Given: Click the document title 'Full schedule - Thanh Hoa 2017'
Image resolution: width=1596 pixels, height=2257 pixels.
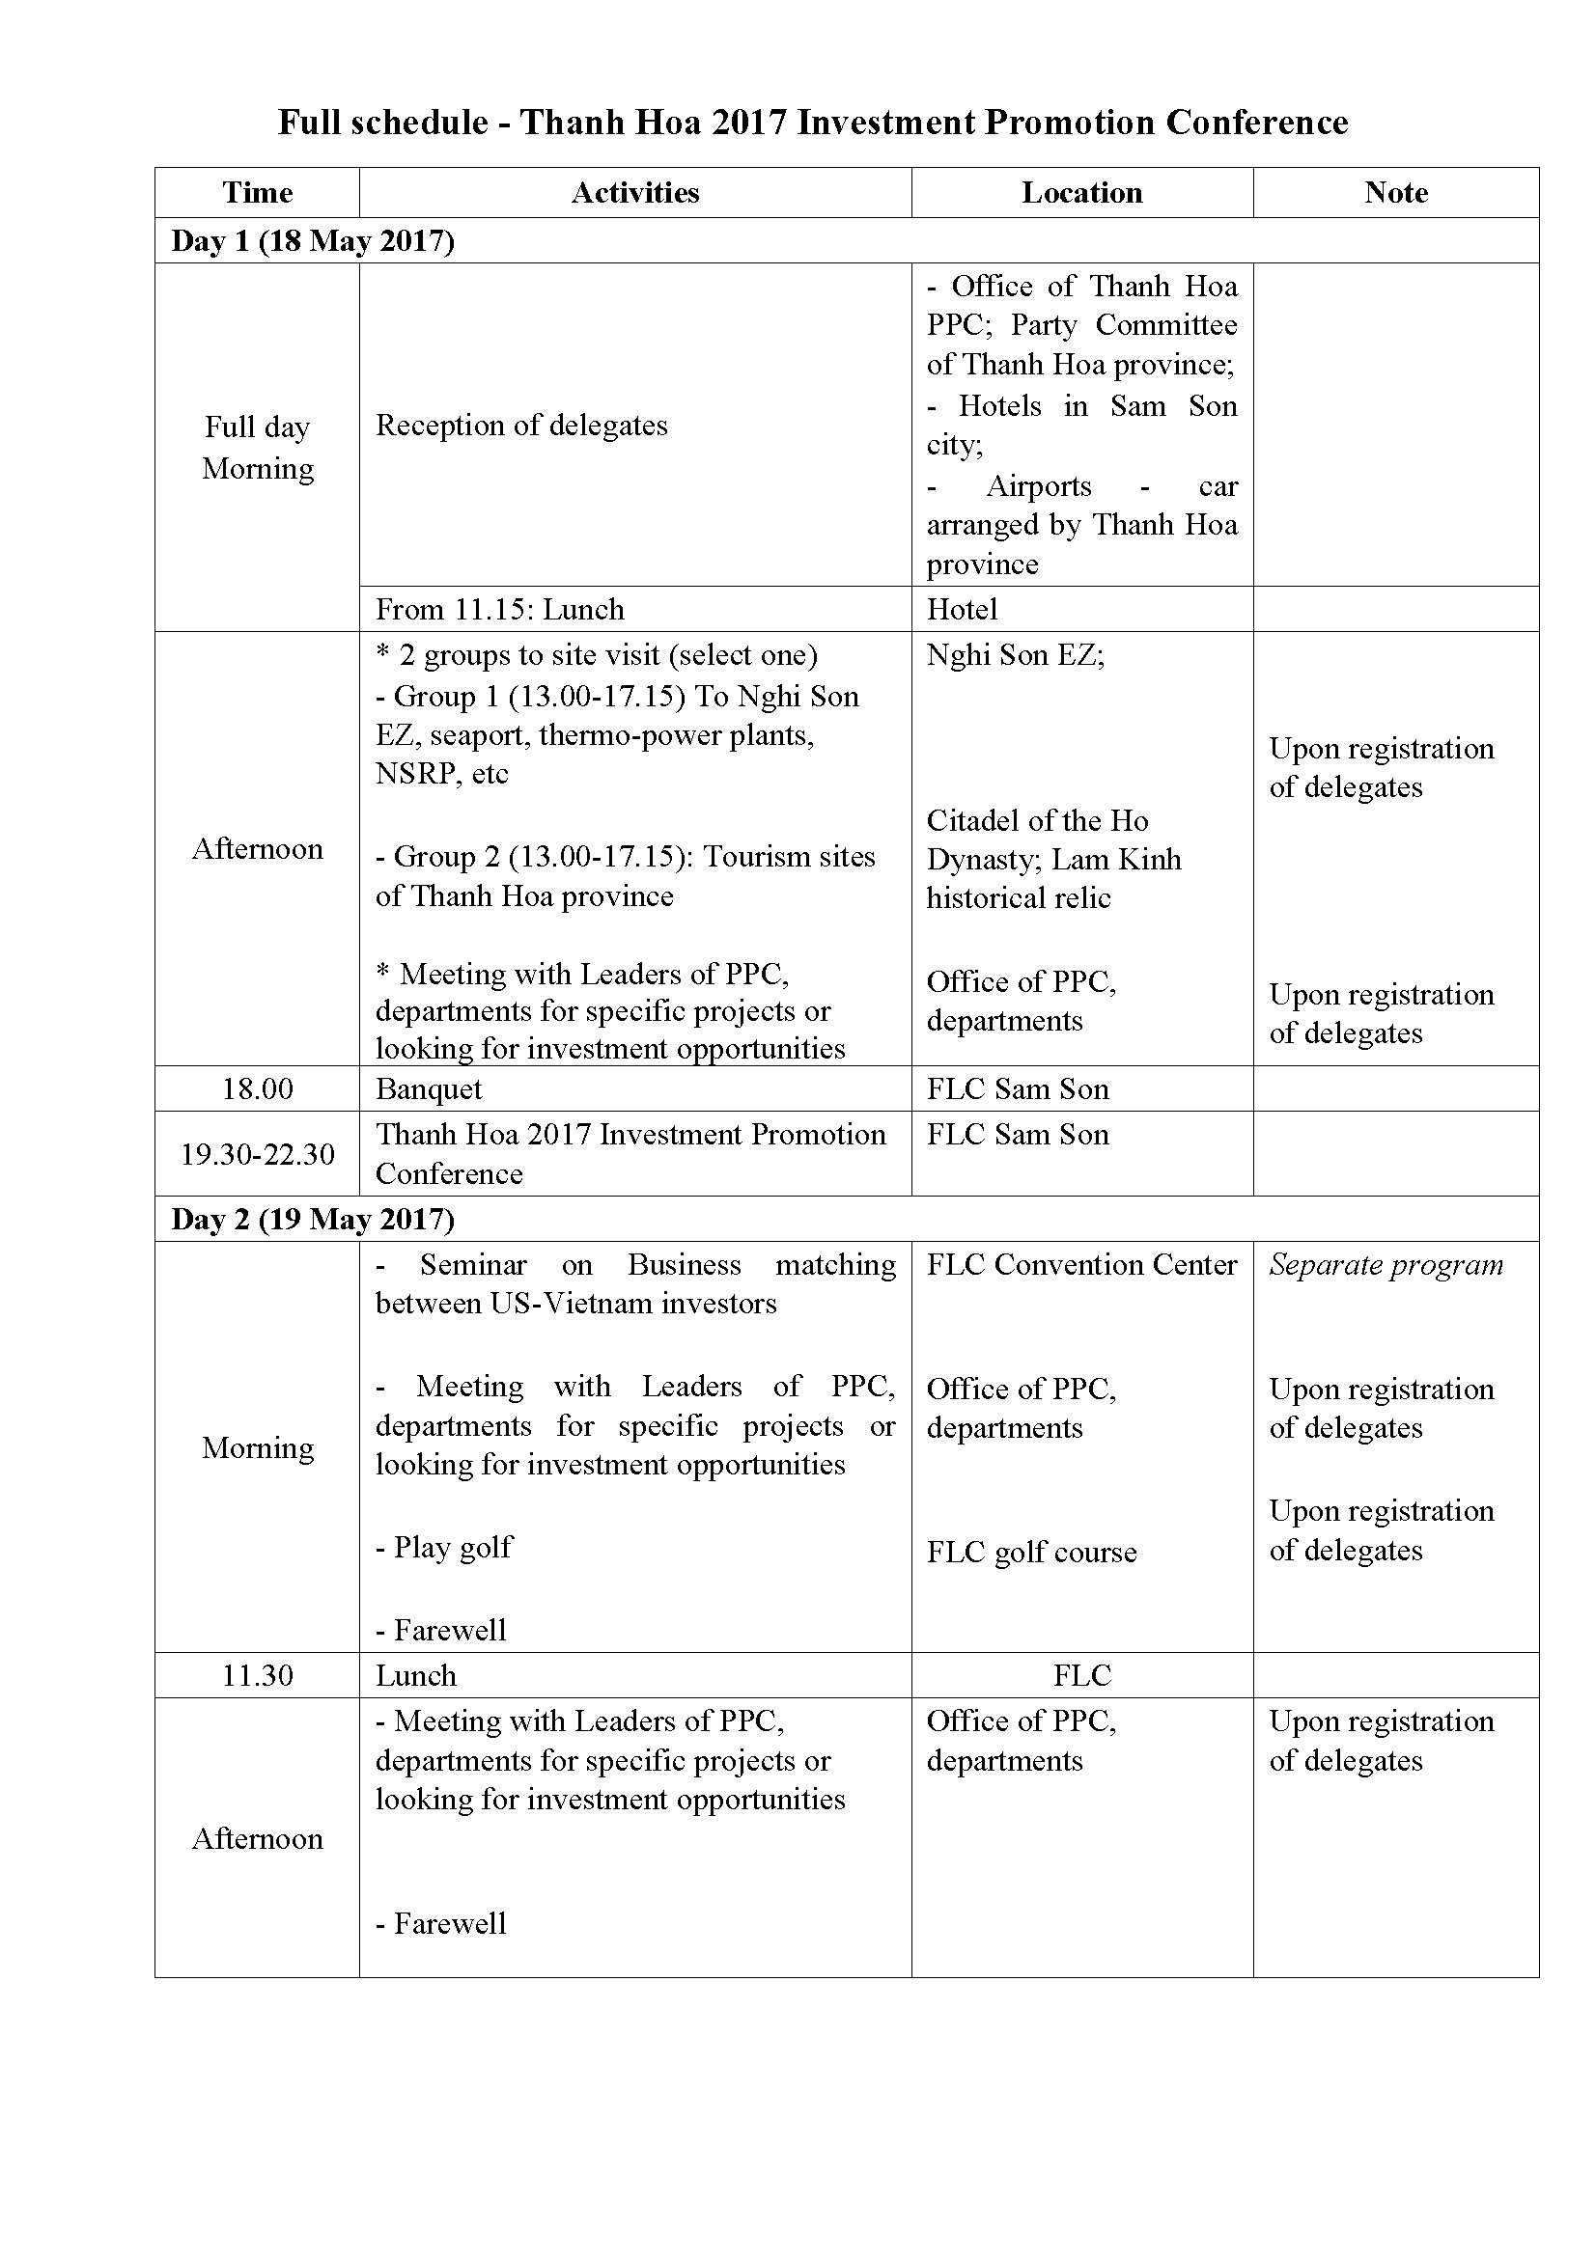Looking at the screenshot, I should [x=812, y=122].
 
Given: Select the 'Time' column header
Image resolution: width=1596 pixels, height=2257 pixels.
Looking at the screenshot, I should [x=258, y=193].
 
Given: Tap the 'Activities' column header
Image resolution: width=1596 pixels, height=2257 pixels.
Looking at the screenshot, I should [x=635, y=193].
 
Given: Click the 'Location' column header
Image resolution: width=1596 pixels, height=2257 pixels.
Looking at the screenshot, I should [x=1081, y=193].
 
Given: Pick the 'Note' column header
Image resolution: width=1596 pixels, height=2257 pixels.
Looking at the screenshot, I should [x=1395, y=193].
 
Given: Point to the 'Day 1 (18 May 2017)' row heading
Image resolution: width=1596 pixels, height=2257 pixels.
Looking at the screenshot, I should [x=313, y=241].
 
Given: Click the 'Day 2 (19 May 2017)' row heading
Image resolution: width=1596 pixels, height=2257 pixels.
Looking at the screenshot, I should [x=313, y=1219].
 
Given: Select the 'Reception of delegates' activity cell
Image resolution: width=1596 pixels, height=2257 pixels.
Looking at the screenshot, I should [x=521, y=425].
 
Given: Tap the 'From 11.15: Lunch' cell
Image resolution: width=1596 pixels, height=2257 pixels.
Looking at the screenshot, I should [x=499, y=610].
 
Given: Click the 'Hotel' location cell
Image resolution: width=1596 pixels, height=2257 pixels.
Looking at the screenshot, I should [x=962, y=610].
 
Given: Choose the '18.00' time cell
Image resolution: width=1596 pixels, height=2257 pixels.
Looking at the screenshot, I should [x=258, y=1089].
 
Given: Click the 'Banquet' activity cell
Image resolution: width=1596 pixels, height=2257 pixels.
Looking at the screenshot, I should [x=429, y=1089].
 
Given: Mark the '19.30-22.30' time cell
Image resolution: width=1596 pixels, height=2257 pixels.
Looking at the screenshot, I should [x=258, y=1154].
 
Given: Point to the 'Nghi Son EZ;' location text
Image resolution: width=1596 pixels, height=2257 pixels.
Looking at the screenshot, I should [x=1015, y=655].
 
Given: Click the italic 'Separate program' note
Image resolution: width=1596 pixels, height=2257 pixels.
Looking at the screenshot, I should [x=1386, y=1265].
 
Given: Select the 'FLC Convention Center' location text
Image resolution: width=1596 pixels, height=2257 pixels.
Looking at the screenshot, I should [x=1081, y=1265].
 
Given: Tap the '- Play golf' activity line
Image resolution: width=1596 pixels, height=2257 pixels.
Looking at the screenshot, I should [x=443, y=1547].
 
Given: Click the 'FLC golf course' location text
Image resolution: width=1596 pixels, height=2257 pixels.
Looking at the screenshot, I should [x=1031, y=1553].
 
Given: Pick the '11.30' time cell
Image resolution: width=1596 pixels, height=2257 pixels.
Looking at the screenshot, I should [x=258, y=1675].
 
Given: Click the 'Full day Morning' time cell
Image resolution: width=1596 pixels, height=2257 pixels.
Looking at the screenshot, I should [x=258, y=448].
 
